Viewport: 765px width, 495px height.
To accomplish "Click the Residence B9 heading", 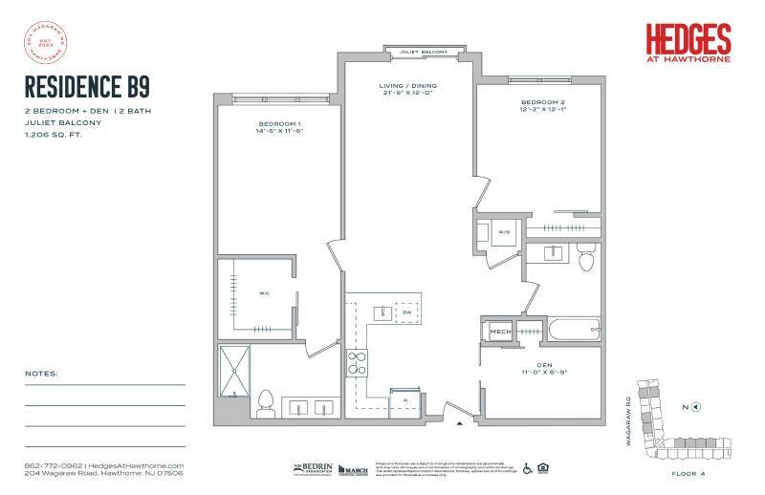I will click(x=86, y=87).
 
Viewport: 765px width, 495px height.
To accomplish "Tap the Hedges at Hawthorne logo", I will click(x=688, y=43).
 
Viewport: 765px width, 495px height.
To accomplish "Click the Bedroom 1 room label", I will click(x=280, y=128).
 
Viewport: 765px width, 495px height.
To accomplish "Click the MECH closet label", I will click(x=500, y=332).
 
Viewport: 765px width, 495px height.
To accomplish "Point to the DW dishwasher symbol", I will click(x=406, y=312).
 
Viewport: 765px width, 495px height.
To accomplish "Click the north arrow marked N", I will click(x=690, y=407).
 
